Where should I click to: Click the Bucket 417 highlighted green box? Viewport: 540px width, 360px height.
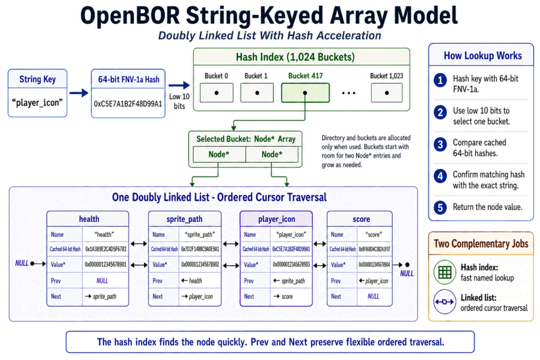(305, 93)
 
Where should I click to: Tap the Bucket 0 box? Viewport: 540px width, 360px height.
(216, 93)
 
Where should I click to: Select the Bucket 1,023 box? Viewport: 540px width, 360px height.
(387, 93)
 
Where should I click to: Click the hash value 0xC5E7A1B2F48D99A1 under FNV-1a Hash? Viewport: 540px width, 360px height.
(128, 104)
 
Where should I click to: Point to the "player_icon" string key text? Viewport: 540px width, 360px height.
(37, 103)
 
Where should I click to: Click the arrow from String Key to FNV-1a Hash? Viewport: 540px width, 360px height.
(79, 93)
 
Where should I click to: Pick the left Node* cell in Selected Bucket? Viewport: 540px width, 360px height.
(219, 154)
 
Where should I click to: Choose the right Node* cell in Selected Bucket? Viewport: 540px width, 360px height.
(272, 154)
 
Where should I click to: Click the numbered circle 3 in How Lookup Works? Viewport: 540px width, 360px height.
(440, 144)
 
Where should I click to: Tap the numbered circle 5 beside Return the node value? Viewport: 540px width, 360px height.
(440, 208)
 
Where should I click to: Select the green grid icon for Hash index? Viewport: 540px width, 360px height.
(445, 272)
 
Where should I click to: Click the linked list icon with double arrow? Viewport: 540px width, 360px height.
(445, 302)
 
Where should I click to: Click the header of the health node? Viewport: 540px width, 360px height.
(88, 219)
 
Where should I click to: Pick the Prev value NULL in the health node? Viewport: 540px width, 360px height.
(102, 281)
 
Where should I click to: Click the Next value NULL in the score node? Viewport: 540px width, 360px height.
(373, 296)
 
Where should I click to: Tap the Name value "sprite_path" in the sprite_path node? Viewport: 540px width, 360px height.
(200, 235)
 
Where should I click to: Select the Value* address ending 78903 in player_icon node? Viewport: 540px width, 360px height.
(291, 265)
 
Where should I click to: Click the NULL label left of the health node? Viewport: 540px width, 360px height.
(22, 264)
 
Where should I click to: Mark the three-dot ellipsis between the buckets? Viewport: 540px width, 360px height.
(349, 93)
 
